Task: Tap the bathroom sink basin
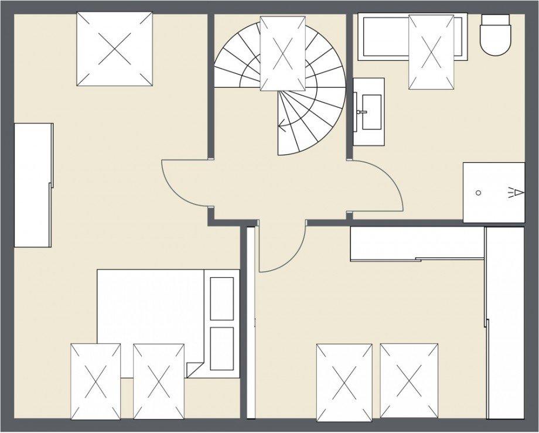coord(369,111)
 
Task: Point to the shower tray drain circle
coord(479,192)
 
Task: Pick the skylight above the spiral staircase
coord(282,53)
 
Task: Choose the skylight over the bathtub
coord(431,52)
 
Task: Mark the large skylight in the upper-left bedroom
coord(115,49)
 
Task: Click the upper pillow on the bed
coord(222,298)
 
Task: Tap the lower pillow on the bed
coord(222,348)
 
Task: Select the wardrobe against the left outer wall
coord(33,185)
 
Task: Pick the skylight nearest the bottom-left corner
coord(95,381)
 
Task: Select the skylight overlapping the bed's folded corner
coord(159,381)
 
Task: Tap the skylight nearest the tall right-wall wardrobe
coord(409,381)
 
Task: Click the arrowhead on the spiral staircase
coord(283,124)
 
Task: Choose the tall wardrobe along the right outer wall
coord(504,322)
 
